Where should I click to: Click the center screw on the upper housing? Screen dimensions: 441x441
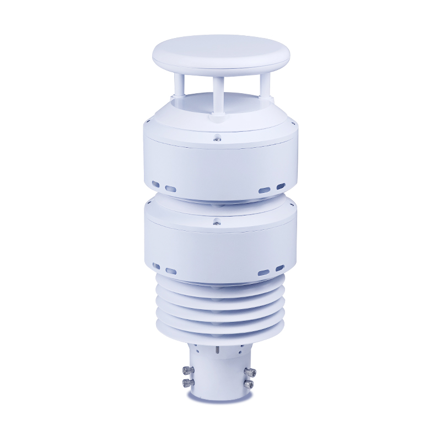218,139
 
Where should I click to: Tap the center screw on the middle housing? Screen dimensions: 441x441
218,223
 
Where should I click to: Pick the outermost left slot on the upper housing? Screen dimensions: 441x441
156,184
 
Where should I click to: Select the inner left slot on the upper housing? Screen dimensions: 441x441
171,189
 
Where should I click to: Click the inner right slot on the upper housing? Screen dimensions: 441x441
265,189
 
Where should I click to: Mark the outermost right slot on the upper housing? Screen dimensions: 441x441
281,186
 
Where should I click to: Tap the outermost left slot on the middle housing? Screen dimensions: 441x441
156,266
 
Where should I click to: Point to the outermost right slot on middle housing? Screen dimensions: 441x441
280,268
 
